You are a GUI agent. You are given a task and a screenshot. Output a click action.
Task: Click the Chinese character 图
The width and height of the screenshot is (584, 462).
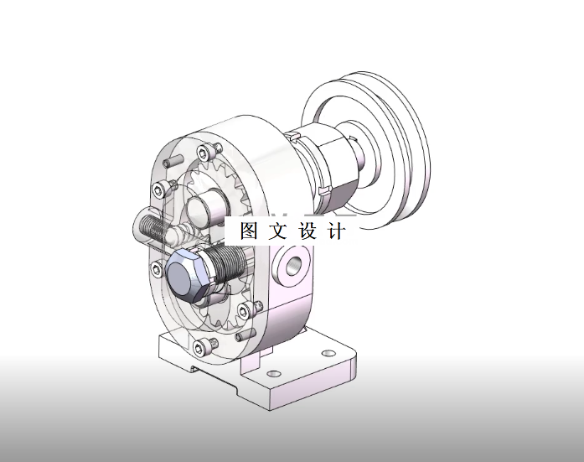[x=249, y=231]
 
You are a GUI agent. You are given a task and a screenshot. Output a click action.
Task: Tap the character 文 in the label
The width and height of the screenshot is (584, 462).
[x=278, y=231]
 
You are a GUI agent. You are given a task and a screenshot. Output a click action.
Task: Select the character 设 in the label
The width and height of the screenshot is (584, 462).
[x=308, y=231]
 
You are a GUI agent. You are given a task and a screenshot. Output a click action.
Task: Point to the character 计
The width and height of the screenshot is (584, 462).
[x=336, y=231]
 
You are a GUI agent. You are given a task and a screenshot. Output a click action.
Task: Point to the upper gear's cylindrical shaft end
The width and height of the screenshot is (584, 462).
[x=205, y=205]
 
